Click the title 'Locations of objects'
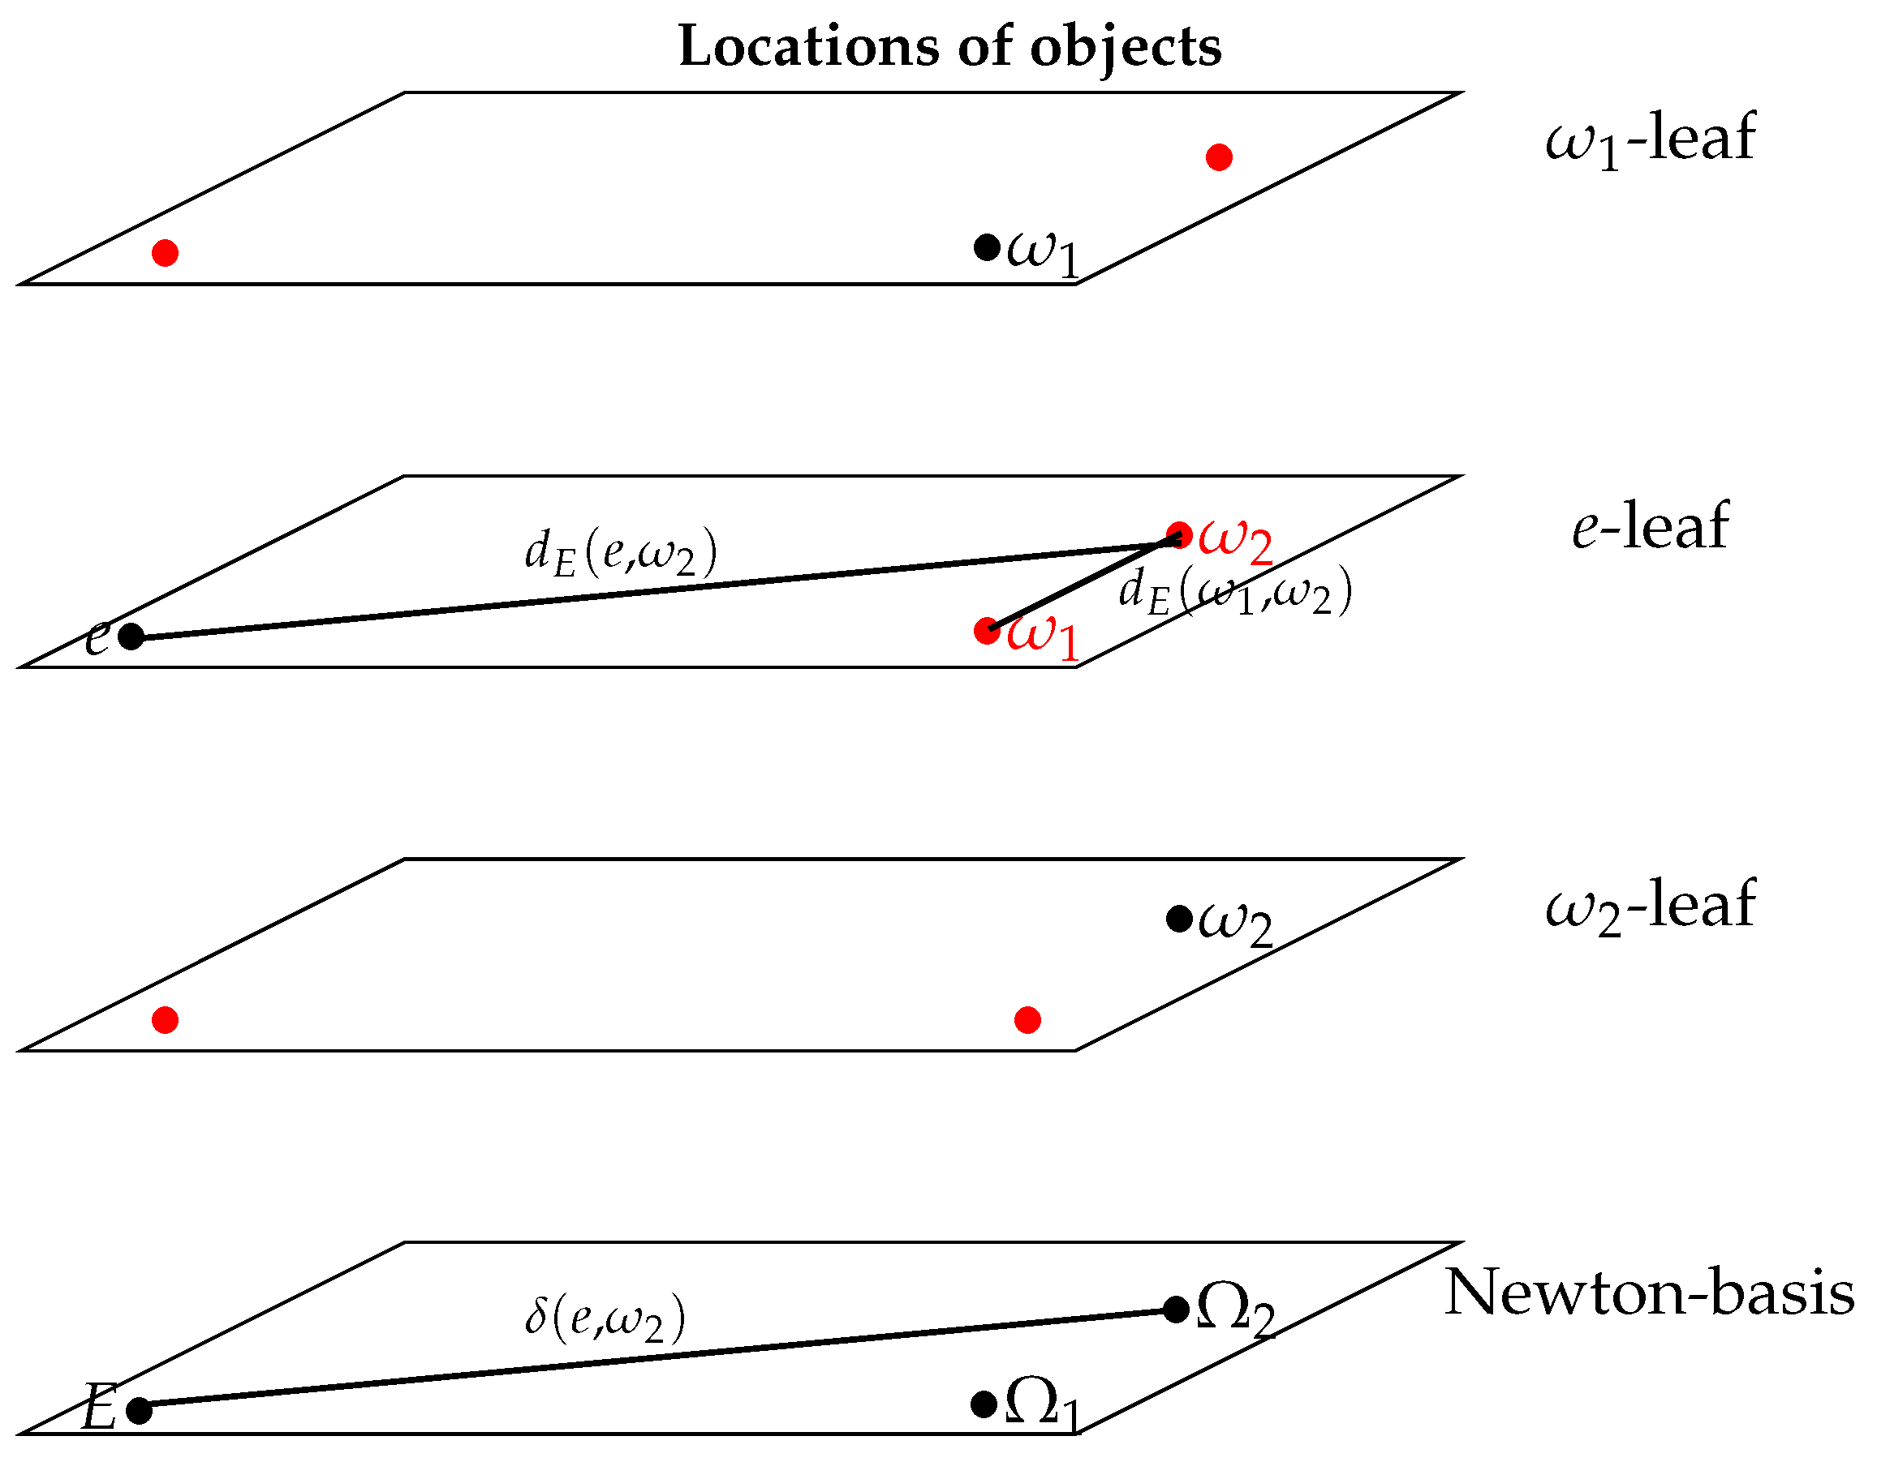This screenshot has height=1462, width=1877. [x=949, y=47]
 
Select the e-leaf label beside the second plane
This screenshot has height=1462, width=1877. [x=1649, y=525]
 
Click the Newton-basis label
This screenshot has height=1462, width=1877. [x=1649, y=1293]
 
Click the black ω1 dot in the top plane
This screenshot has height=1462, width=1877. [x=987, y=247]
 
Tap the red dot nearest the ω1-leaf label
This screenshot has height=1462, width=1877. [x=1219, y=157]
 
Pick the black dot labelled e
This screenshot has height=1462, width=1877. [x=131, y=637]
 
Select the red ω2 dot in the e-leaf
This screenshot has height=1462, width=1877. [x=1179, y=535]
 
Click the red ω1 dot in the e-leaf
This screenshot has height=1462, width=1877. [x=987, y=631]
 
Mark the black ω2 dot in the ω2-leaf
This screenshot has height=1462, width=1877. [x=1179, y=919]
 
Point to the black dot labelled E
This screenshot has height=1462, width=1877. [x=140, y=1410]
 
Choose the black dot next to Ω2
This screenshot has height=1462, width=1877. [x=1176, y=1310]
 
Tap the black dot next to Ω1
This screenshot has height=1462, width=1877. [x=984, y=1405]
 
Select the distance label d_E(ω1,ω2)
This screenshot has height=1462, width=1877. [x=1235, y=593]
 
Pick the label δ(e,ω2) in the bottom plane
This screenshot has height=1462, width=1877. [x=605, y=1318]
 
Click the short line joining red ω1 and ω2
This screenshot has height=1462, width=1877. [x=1083, y=583]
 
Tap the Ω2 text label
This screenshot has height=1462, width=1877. [x=1234, y=1313]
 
